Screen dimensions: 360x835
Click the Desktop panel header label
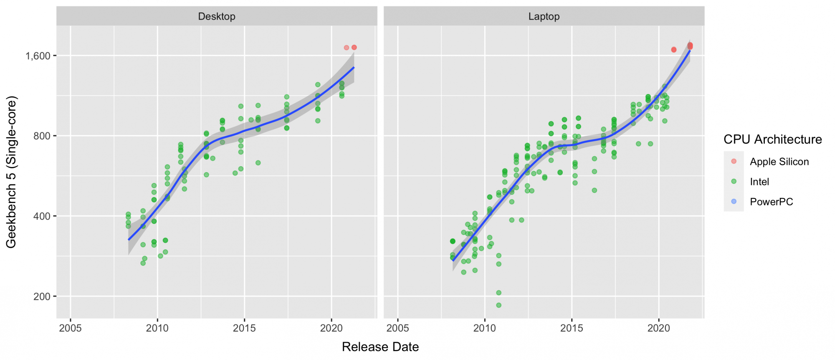click(217, 16)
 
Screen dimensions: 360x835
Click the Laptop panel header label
click(544, 16)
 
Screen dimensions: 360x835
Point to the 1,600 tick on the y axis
click(38, 56)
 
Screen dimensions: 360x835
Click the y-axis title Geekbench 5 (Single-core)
click(11, 172)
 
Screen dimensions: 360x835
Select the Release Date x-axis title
click(380, 347)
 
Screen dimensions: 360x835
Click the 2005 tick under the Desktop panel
click(70, 328)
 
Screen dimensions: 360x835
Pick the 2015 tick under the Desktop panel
click(244, 328)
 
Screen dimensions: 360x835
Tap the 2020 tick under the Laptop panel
click(659, 328)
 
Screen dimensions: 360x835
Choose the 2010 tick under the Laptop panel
click(485, 328)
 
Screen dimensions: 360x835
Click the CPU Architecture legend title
click(772, 139)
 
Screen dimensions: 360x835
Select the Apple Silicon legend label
click(779, 162)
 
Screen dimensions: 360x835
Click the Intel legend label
click(759, 182)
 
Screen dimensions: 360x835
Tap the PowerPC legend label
click(771, 202)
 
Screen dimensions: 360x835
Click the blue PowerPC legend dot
click(734, 201)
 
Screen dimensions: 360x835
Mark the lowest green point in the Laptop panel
click(498, 305)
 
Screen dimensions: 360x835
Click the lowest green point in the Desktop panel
click(143, 263)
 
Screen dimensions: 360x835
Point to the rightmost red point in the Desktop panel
click(354, 48)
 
